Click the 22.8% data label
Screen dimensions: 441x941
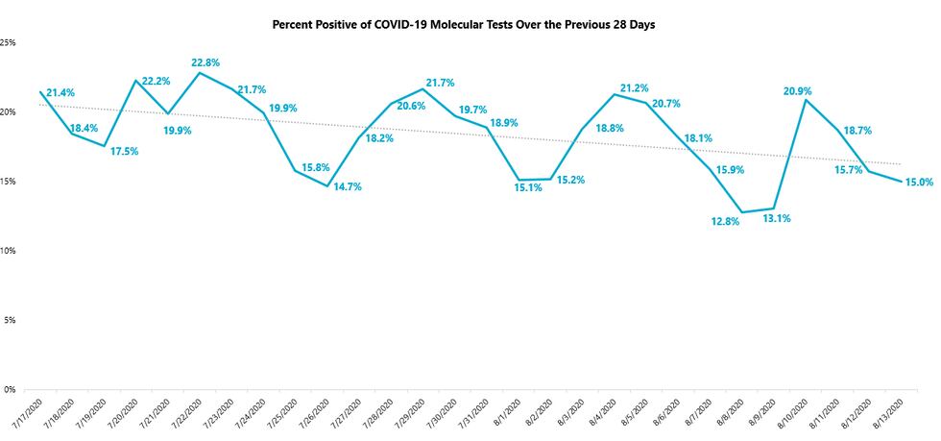tap(205, 62)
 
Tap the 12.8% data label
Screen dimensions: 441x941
tap(726, 222)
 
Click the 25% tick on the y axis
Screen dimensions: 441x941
tap(8, 43)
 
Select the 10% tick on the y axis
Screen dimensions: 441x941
tap(8, 251)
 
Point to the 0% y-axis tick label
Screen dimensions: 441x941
tap(10, 389)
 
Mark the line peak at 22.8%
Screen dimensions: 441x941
tap(199, 73)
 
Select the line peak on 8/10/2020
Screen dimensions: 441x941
tap(806, 100)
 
